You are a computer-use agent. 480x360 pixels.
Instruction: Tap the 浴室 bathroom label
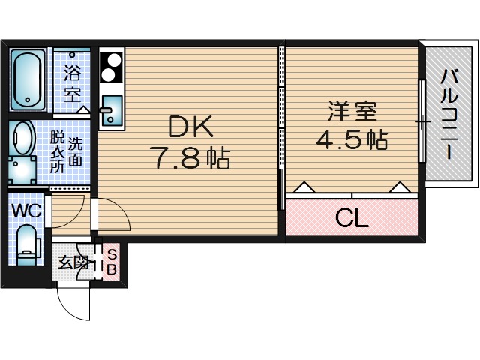point(73,85)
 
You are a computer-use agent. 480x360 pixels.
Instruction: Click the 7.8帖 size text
point(189,158)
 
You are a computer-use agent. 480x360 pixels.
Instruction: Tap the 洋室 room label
point(352,112)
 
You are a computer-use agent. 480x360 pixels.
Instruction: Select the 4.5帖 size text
point(352,140)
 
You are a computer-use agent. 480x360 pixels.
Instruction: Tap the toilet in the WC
point(27,244)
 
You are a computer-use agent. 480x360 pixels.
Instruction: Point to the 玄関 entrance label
point(73,262)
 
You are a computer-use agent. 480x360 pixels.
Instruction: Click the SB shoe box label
point(111,261)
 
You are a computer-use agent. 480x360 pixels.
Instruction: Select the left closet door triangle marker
point(303,187)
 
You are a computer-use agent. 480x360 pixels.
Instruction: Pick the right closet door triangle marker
point(398,187)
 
